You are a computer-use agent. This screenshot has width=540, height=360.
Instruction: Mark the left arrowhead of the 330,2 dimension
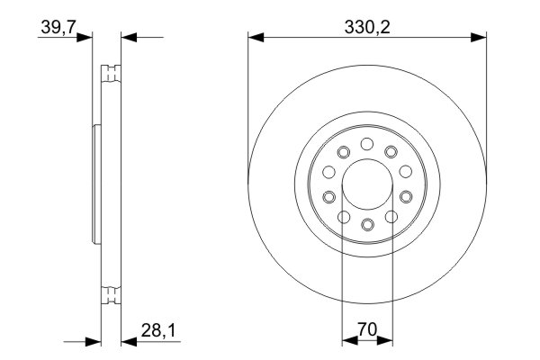[x=255, y=37]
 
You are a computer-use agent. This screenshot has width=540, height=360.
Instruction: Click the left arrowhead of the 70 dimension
[x=347, y=341]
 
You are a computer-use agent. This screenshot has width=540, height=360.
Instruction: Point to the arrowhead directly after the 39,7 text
[x=86, y=37]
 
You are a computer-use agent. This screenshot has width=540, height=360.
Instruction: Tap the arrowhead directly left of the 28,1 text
[x=125, y=341]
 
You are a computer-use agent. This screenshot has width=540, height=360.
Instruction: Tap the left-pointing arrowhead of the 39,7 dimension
[x=126, y=37]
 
